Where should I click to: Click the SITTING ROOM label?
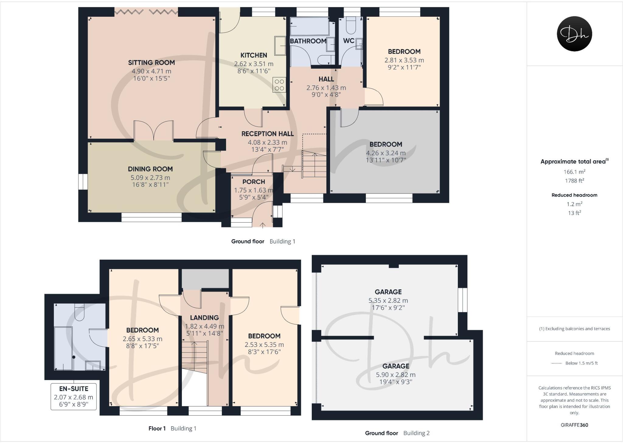click(151, 63)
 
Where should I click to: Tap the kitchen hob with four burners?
click(279, 85)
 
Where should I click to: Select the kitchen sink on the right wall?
click(280, 45)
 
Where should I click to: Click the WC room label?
click(348, 41)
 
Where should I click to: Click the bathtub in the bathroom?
click(309, 27)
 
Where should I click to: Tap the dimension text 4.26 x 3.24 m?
click(385, 153)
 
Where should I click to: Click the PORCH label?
click(253, 182)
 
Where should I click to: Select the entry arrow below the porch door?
click(263, 225)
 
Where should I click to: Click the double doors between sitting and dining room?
click(154, 131)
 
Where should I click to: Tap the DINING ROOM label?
click(150, 169)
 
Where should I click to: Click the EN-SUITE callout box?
click(74, 396)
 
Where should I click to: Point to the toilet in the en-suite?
click(79, 312)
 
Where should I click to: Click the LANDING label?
click(204, 318)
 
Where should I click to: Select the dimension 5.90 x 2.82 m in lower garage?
click(395, 375)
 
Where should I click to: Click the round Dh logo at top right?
click(574, 34)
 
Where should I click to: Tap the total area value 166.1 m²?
click(574, 171)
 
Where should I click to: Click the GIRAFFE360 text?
click(574, 425)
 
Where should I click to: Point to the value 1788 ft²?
click(574, 181)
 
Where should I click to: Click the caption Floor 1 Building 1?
click(172, 428)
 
